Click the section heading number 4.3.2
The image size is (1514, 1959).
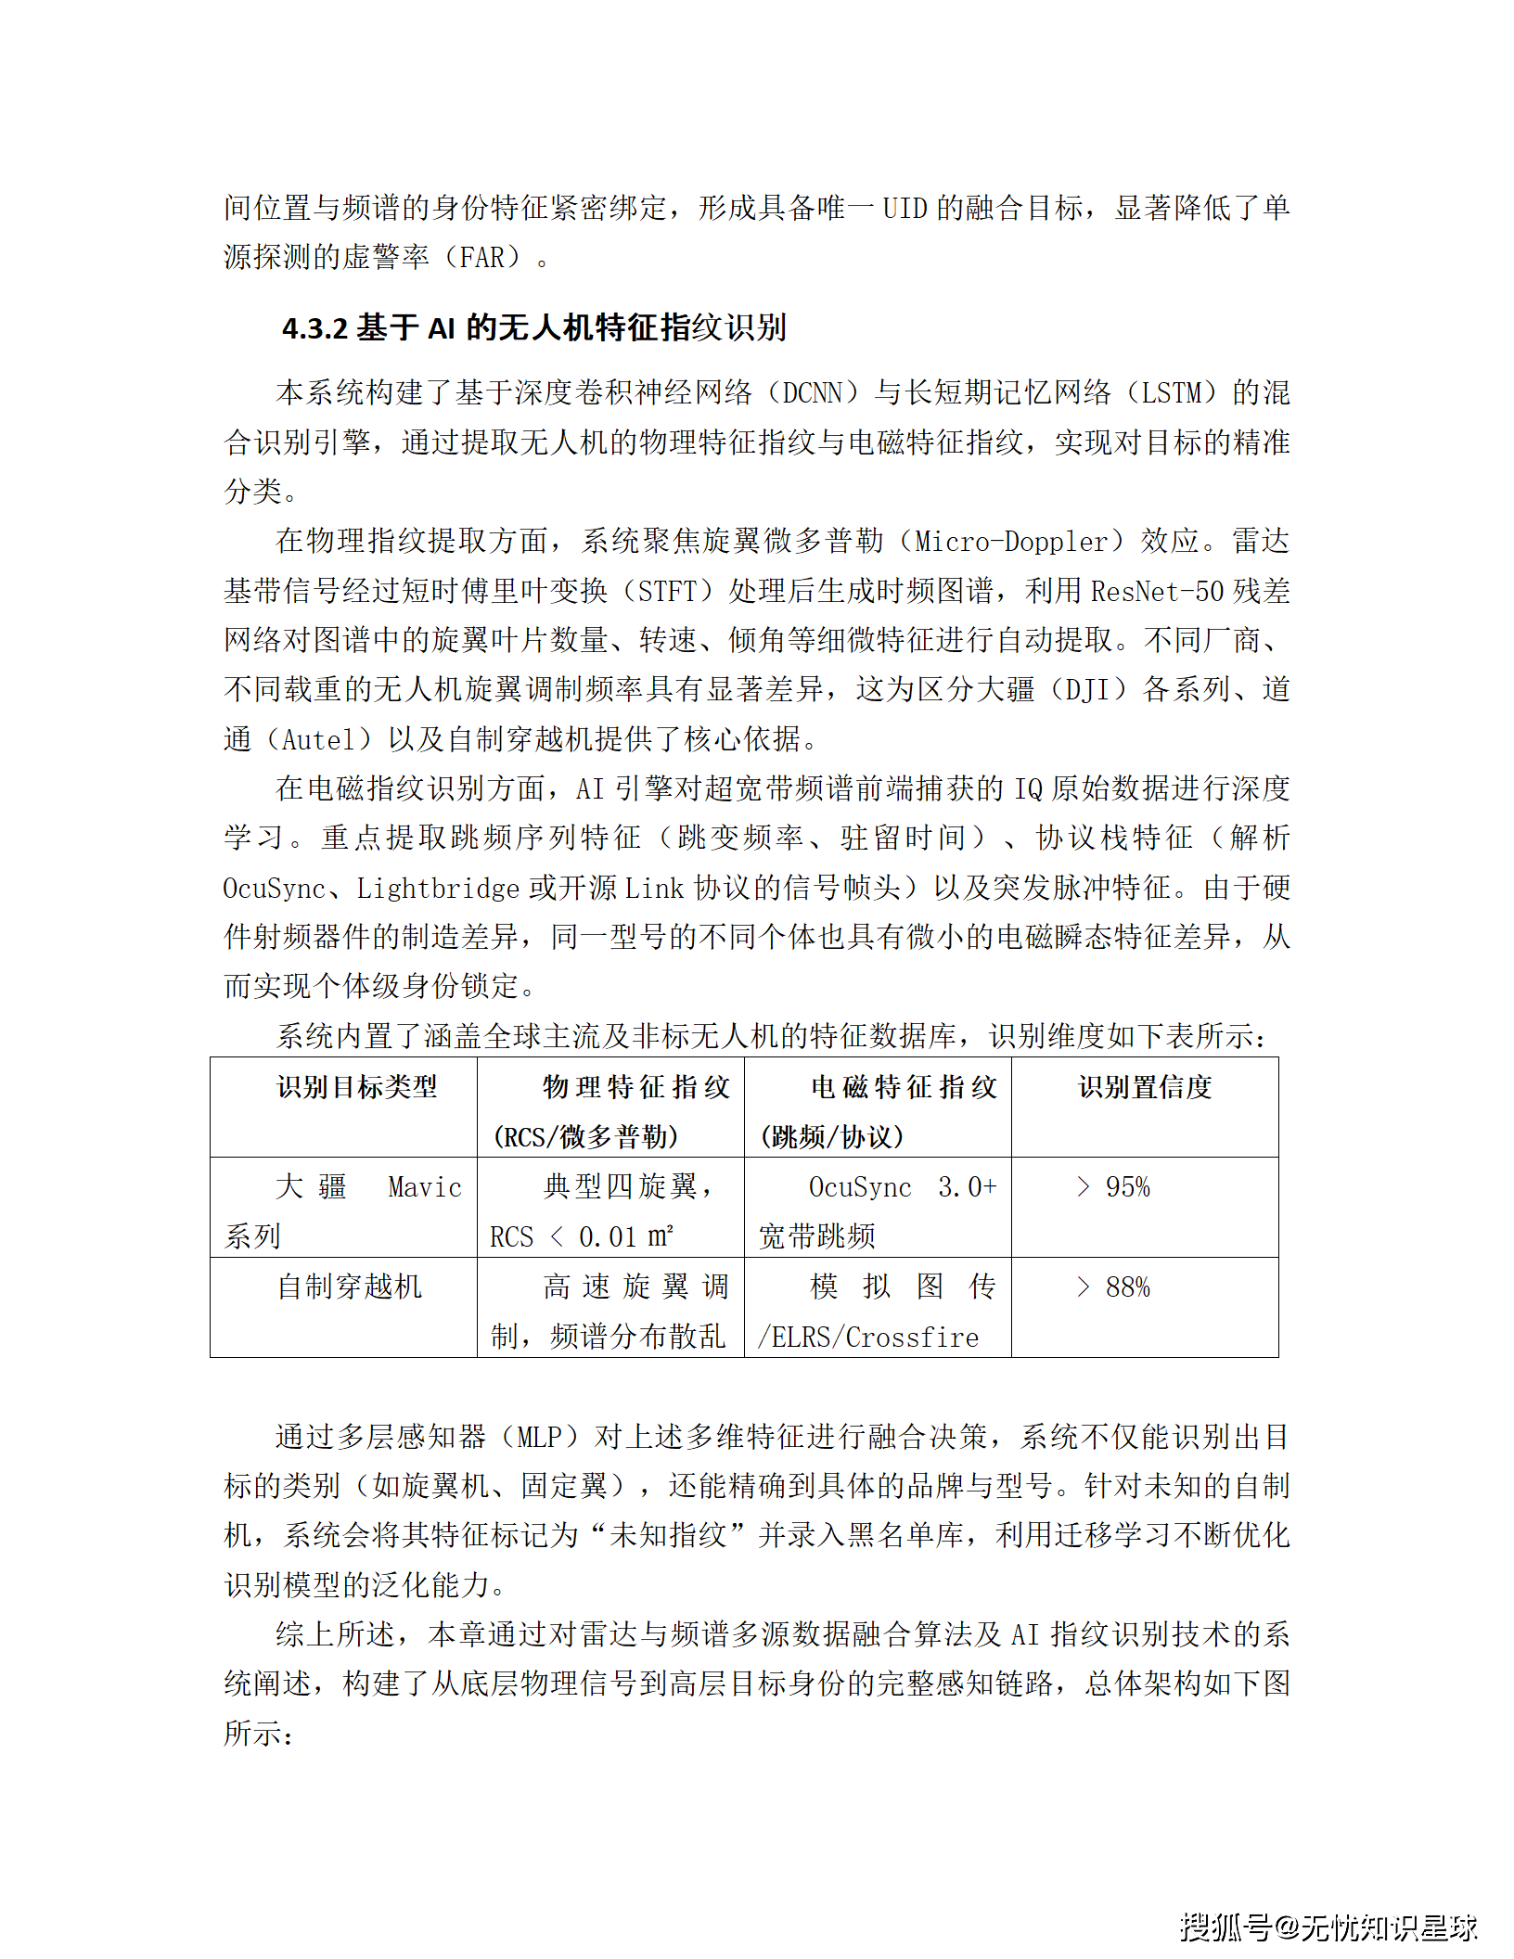click(x=314, y=327)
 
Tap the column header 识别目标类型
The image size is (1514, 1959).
click(x=357, y=1086)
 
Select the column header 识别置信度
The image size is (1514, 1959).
click(x=1145, y=1086)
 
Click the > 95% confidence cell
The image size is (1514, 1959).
click(x=1113, y=1186)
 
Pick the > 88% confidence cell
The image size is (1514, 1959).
click(x=1113, y=1287)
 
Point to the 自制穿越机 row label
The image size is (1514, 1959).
click(x=350, y=1287)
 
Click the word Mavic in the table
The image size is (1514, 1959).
click(x=424, y=1187)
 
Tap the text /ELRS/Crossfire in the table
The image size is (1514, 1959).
click(x=868, y=1337)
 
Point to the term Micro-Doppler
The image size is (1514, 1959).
click(x=1012, y=541)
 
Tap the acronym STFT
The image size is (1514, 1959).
click(x=667, y=591)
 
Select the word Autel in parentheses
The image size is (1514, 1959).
click(x=318, y=739)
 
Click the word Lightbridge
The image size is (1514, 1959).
click(x=438, y=889)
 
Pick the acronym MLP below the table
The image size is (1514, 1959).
click(x=539, y=1437)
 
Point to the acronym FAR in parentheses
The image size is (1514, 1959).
click(x=482, y=257)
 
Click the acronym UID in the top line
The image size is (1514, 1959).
click(x=905, y=208)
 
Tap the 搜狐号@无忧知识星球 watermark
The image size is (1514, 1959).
click(x=1328, y=1927)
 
